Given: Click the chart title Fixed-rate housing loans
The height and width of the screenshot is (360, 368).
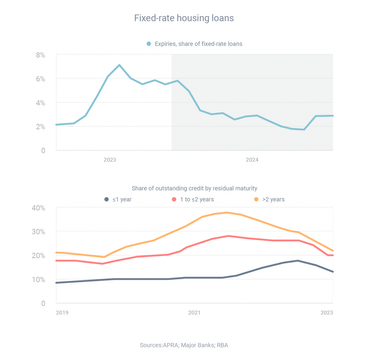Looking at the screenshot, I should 184,18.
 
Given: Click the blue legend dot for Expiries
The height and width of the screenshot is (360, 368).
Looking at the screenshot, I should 149,44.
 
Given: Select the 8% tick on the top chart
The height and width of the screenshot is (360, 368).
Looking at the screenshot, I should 40,55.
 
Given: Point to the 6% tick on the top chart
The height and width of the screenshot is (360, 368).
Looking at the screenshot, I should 40,79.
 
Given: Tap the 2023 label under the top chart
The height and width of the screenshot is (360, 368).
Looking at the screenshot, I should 110,160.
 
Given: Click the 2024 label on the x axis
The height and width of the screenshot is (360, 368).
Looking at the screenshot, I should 252,160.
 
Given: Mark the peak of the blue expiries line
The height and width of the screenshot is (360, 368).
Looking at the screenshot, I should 119,65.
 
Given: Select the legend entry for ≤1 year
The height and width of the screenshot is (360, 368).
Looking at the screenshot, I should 118,199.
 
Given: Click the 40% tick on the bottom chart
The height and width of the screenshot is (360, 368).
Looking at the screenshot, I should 38,208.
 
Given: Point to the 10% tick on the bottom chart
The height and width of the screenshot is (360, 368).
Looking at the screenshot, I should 38,280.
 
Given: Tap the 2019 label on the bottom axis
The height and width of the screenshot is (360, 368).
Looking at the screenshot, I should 62,312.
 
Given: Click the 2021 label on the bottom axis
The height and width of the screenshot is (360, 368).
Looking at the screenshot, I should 194,312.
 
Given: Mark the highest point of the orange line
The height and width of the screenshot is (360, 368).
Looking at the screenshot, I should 227,212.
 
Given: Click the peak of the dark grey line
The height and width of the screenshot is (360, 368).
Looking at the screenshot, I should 298,261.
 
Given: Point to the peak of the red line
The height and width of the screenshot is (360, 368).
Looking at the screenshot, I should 228,236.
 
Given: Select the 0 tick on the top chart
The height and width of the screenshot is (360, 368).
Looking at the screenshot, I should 43,151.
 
